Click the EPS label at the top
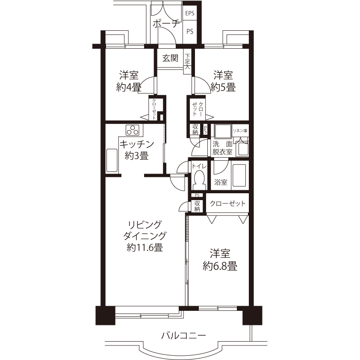pyautogui.click(x=190, y=13)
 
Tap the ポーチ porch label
pyautogui.click(x=166, y=24)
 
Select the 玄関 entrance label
pyautogui.click(x=170, y=58)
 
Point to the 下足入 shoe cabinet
pyautogui.click(x=188, y=62)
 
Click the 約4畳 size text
pyautogui.click(x=129, y=88)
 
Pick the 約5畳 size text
pyautogui.click(x=223, y=88)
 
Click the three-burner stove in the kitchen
pyautogui.click(x=133, y=130)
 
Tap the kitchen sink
pyautogui.click(x=112, y=160)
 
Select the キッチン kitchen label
pyautogui.click(x=137, y=145)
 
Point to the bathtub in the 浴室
pyautogui.click(x=239, y=175)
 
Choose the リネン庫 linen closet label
pyautogui.click(x=240, y=131)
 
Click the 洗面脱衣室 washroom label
pyautogui.click(x=222, y=148)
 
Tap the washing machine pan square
pyautogui.click(x=222, y=131)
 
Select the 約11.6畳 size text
pyautogui.click(x=145, y=248)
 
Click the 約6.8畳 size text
pyautogui.click(x=220, y=266)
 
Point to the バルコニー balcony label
pyautogui.click(x=183, y=336)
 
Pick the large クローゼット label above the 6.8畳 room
pyautogui.click(x=227, y=204)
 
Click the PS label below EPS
pyautogui.click(x=190, y=31)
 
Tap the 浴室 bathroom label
pyautogui.click(x=221, y=182)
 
